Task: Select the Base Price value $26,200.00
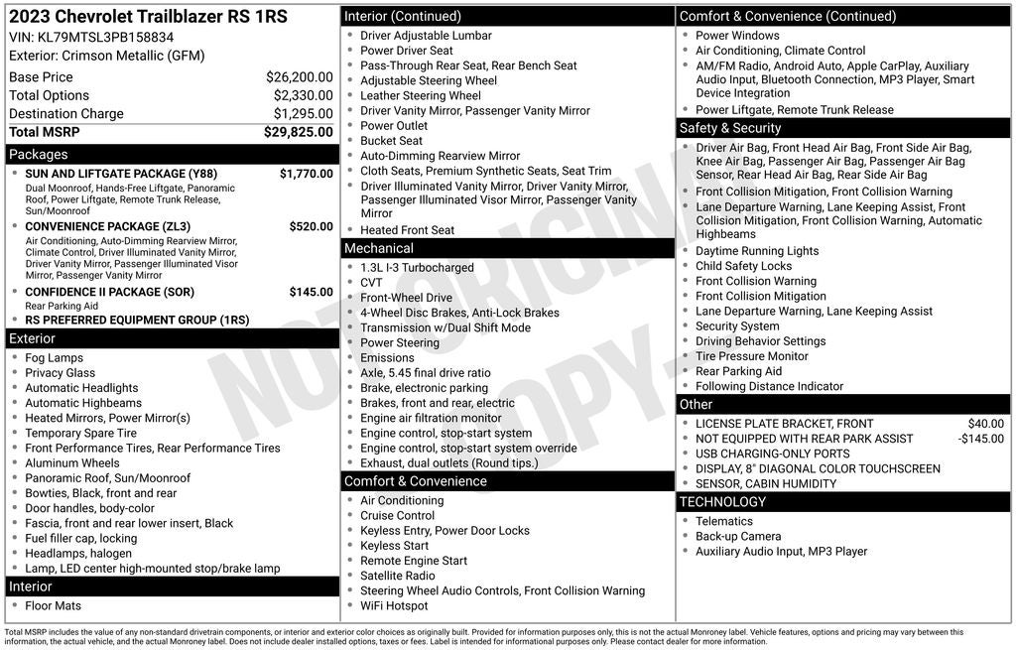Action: tap(299, 77)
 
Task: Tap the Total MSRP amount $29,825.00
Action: tap(298, 132)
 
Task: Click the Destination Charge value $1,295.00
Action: tap(303, 114)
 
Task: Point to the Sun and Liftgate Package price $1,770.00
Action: tap(306, 174)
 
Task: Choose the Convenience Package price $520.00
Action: tap(311, 226)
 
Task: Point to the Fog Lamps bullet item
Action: tap(55, 358)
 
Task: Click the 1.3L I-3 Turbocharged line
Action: tap(417, 268)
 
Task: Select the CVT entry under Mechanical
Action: tap(371, 283)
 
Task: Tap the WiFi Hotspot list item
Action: tap(394, 606)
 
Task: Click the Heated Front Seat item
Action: tap(407, 230)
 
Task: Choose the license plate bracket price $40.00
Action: tap(985, 424)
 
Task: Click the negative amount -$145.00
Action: tap(980, 439)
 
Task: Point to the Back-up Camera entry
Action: tap(738, 537)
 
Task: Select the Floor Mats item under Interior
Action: tap(54, 606)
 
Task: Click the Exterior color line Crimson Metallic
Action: tap(106, 56)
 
